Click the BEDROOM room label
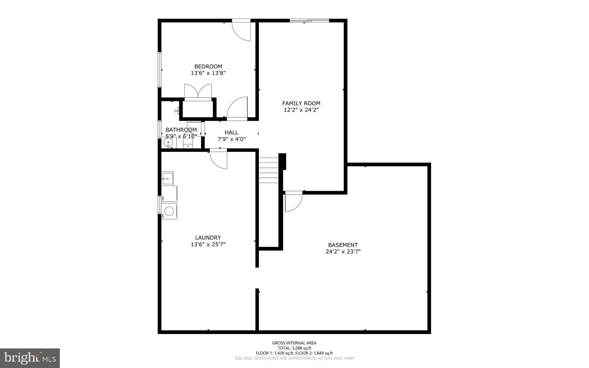click(x=208, y=67)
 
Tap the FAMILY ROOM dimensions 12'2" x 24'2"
click(x=301, y=110)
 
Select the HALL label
click(x=231, y=132)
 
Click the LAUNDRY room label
click(x=208, y=238)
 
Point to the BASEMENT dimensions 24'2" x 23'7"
click(x=343, y=251)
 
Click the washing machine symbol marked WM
click(x=169, y=211)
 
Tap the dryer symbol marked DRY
click(x=169, y=194)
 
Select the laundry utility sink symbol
click(x=167, y=178)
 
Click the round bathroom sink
click(x=168, y=142)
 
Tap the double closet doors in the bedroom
click(x=198, y=91)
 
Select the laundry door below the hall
click(x=219, y=159)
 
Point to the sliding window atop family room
click(x=309, y=20)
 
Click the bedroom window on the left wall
click(x=159, y=69)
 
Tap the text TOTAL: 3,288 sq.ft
click(x=294, y=348)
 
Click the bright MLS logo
click(x=30, y=358)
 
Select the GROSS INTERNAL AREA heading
click(x=294, y=343)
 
